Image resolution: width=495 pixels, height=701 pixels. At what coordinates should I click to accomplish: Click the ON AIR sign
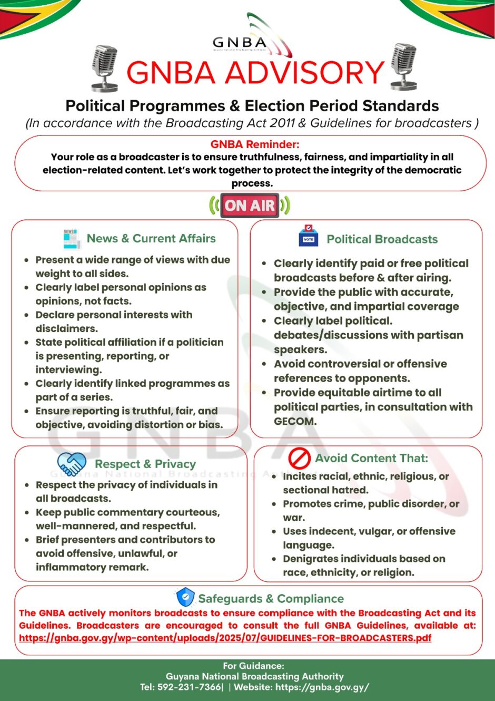tap(250, 205)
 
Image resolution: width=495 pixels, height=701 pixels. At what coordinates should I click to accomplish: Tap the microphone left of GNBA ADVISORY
tap(104, 68)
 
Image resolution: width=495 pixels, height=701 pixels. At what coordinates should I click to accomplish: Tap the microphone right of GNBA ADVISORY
tap(404, 67)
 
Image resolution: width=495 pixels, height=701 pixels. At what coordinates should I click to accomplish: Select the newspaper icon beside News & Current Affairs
tap(71, 239)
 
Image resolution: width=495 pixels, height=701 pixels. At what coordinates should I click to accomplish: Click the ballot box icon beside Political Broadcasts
tap(309, 237)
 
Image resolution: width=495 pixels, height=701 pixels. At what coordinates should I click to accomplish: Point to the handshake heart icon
tap(72, 464)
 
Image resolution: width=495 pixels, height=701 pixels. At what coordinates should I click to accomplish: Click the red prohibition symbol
tap(299, 458)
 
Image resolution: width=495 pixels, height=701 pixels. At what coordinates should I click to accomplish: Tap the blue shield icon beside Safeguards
tap(185, 597)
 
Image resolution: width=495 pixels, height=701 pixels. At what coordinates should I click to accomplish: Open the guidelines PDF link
tap(225, 638)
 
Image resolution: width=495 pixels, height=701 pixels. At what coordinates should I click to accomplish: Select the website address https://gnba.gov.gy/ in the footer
tap(322, 687)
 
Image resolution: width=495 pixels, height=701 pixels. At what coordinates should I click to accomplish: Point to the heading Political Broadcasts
tap(382, 239)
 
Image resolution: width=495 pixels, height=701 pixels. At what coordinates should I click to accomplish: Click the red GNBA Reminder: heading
tap(254, 144)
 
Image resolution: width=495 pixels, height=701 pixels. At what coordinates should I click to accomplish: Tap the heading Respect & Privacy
tap(145, 464)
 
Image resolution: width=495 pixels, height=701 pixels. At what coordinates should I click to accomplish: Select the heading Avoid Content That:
tap(371, 458)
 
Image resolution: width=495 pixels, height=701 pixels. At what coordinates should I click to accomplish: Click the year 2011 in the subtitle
tap(282, 123)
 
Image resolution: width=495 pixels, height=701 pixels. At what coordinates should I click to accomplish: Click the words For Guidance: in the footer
tap(253, 666)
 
